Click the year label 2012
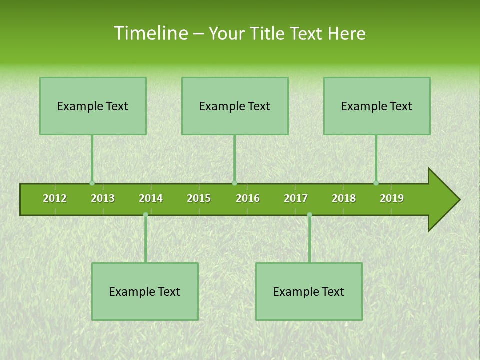(55, 198)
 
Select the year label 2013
(103, 198)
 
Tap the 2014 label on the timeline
(151, 198)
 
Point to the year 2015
(199, 198)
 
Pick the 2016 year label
(248, 198)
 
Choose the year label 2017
(296, 198)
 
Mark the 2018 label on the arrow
(344, 198)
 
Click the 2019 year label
(392, 198)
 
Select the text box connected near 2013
(93, 106)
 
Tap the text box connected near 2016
(235, 106)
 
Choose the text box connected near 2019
(377, 106)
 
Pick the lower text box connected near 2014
(145, 291)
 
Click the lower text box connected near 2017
(309, 291)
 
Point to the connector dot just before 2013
(92, 183)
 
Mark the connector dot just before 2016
(234, 183)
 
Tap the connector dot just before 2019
(376, 183)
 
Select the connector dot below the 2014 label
(145, 215)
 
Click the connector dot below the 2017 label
(309, 215)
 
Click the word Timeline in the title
(150, 33)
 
